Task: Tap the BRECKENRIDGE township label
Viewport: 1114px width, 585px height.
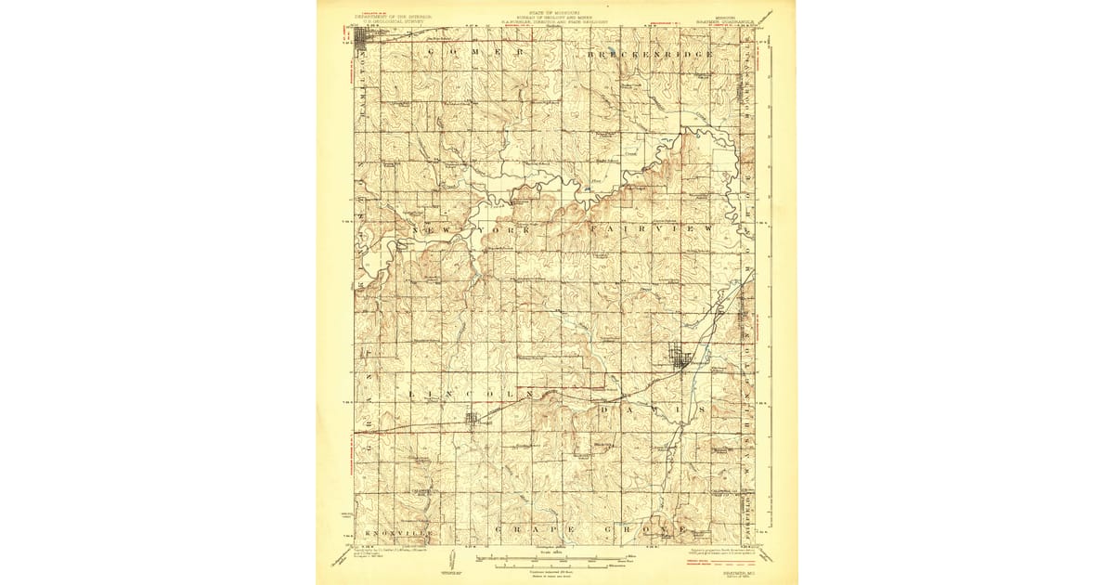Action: point(650,55)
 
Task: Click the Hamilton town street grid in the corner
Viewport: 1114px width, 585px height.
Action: point(363,37)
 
